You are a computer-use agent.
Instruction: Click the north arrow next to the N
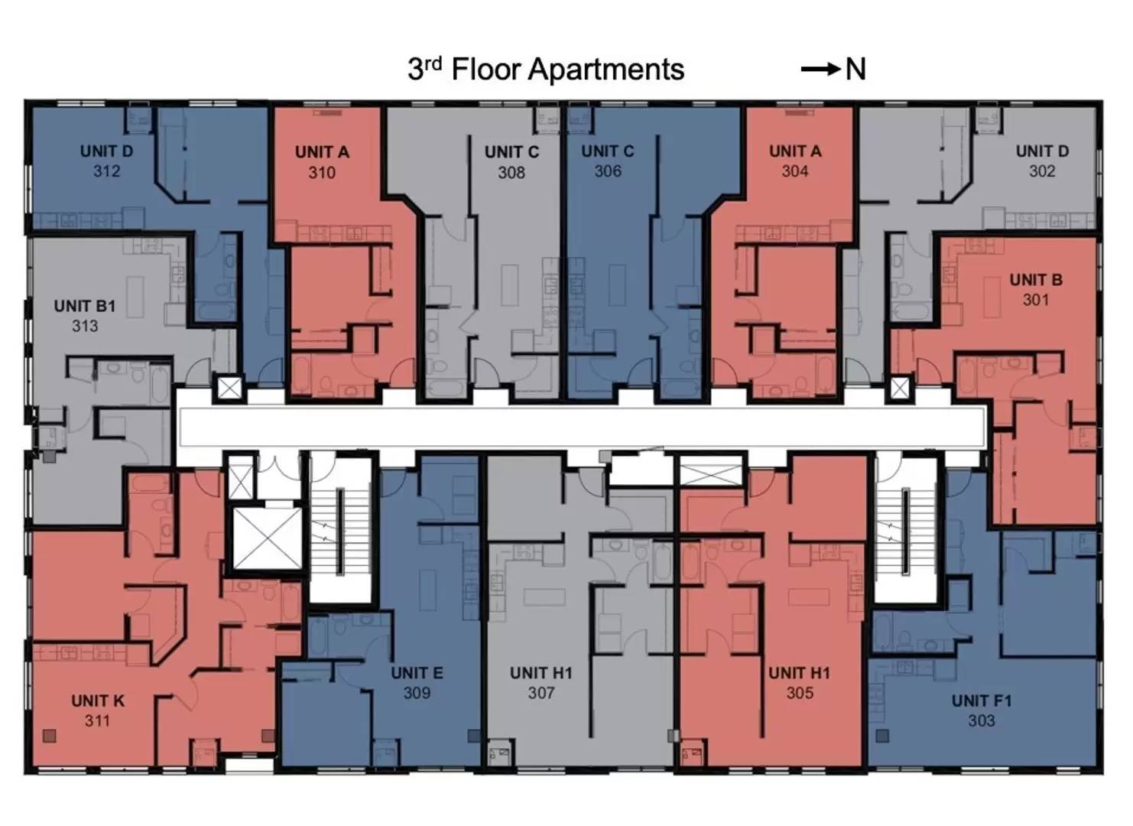[820, 70]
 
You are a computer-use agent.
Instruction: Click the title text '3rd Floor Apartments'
[546, 69]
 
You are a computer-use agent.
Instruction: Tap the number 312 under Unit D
[107, 171]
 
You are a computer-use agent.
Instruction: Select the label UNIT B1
[84, 306]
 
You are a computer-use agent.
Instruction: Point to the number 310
[322, 173]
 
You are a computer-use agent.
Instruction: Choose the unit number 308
[511, 173]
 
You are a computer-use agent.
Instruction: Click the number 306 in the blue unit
[608, 171]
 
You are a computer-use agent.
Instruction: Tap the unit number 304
[794, 171]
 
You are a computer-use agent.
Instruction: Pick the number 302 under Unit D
[1042, 171]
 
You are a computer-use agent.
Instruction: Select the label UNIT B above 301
[1036, 280]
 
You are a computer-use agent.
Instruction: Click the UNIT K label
[98, 701]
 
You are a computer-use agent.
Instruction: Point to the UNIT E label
[417, 672]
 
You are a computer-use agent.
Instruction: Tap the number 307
[541, 692]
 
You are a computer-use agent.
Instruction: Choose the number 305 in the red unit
[800, 692]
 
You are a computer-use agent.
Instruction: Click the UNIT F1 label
[982, 701]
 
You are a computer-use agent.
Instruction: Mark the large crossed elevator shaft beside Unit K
[267, 538]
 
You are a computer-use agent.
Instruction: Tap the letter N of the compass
[855, 70]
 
